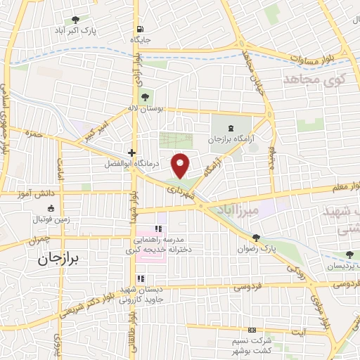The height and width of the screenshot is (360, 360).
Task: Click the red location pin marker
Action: pyautogui.click(x=181, y=165)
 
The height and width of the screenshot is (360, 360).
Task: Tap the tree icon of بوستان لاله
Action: pyautogui.click(x=145, y=98)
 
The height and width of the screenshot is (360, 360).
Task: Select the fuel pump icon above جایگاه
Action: pyautogui.click(x=141, y=29)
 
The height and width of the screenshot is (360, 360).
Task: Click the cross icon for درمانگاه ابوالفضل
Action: pyautogui.click(x=131, y=153)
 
